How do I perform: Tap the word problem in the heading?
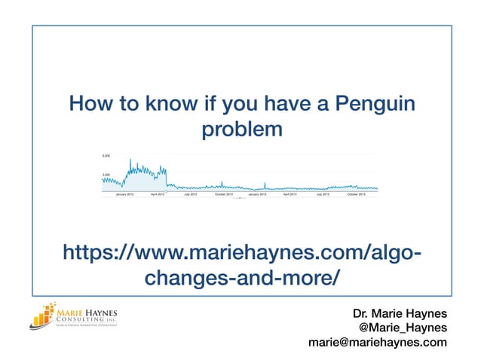241,130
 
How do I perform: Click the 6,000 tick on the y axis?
106,156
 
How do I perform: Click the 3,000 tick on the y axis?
106,175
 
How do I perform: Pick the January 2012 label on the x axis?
125,194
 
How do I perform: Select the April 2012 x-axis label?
158,194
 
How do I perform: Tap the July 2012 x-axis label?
190,194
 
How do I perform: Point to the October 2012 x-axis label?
224,194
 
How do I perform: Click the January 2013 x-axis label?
257,194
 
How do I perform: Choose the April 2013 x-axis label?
290,194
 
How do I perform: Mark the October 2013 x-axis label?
356,194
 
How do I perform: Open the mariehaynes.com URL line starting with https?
241,252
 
